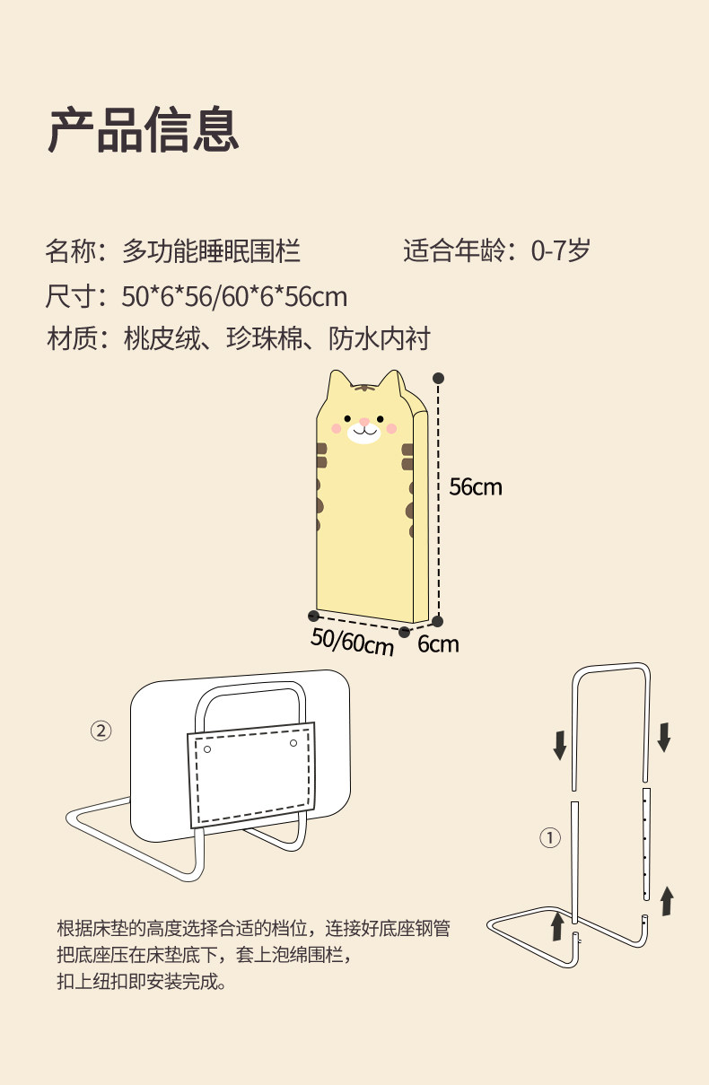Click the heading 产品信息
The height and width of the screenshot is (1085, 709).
[x=144, y=130]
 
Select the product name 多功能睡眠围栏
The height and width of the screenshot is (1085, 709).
[x=211, y=251]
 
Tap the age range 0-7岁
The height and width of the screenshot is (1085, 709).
[x=560, y=251]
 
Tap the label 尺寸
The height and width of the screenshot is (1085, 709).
[x=70, y=296]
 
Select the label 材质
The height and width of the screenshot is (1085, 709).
[x=70, y=339]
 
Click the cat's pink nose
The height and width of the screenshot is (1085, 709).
[x=364, y=422]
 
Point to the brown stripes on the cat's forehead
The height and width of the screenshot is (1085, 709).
[x=364, y=389]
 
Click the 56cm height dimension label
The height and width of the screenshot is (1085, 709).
[x=476, y=487]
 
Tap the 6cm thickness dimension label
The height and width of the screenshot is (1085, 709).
[x=438, y=643]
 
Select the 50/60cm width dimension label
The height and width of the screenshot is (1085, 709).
[x=352, y=642]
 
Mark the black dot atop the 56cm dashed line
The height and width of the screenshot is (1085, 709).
[x=439, y=378]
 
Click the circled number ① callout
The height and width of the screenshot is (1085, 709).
[x=549, y=838]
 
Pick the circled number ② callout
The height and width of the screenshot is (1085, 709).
[x=101, y=731]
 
